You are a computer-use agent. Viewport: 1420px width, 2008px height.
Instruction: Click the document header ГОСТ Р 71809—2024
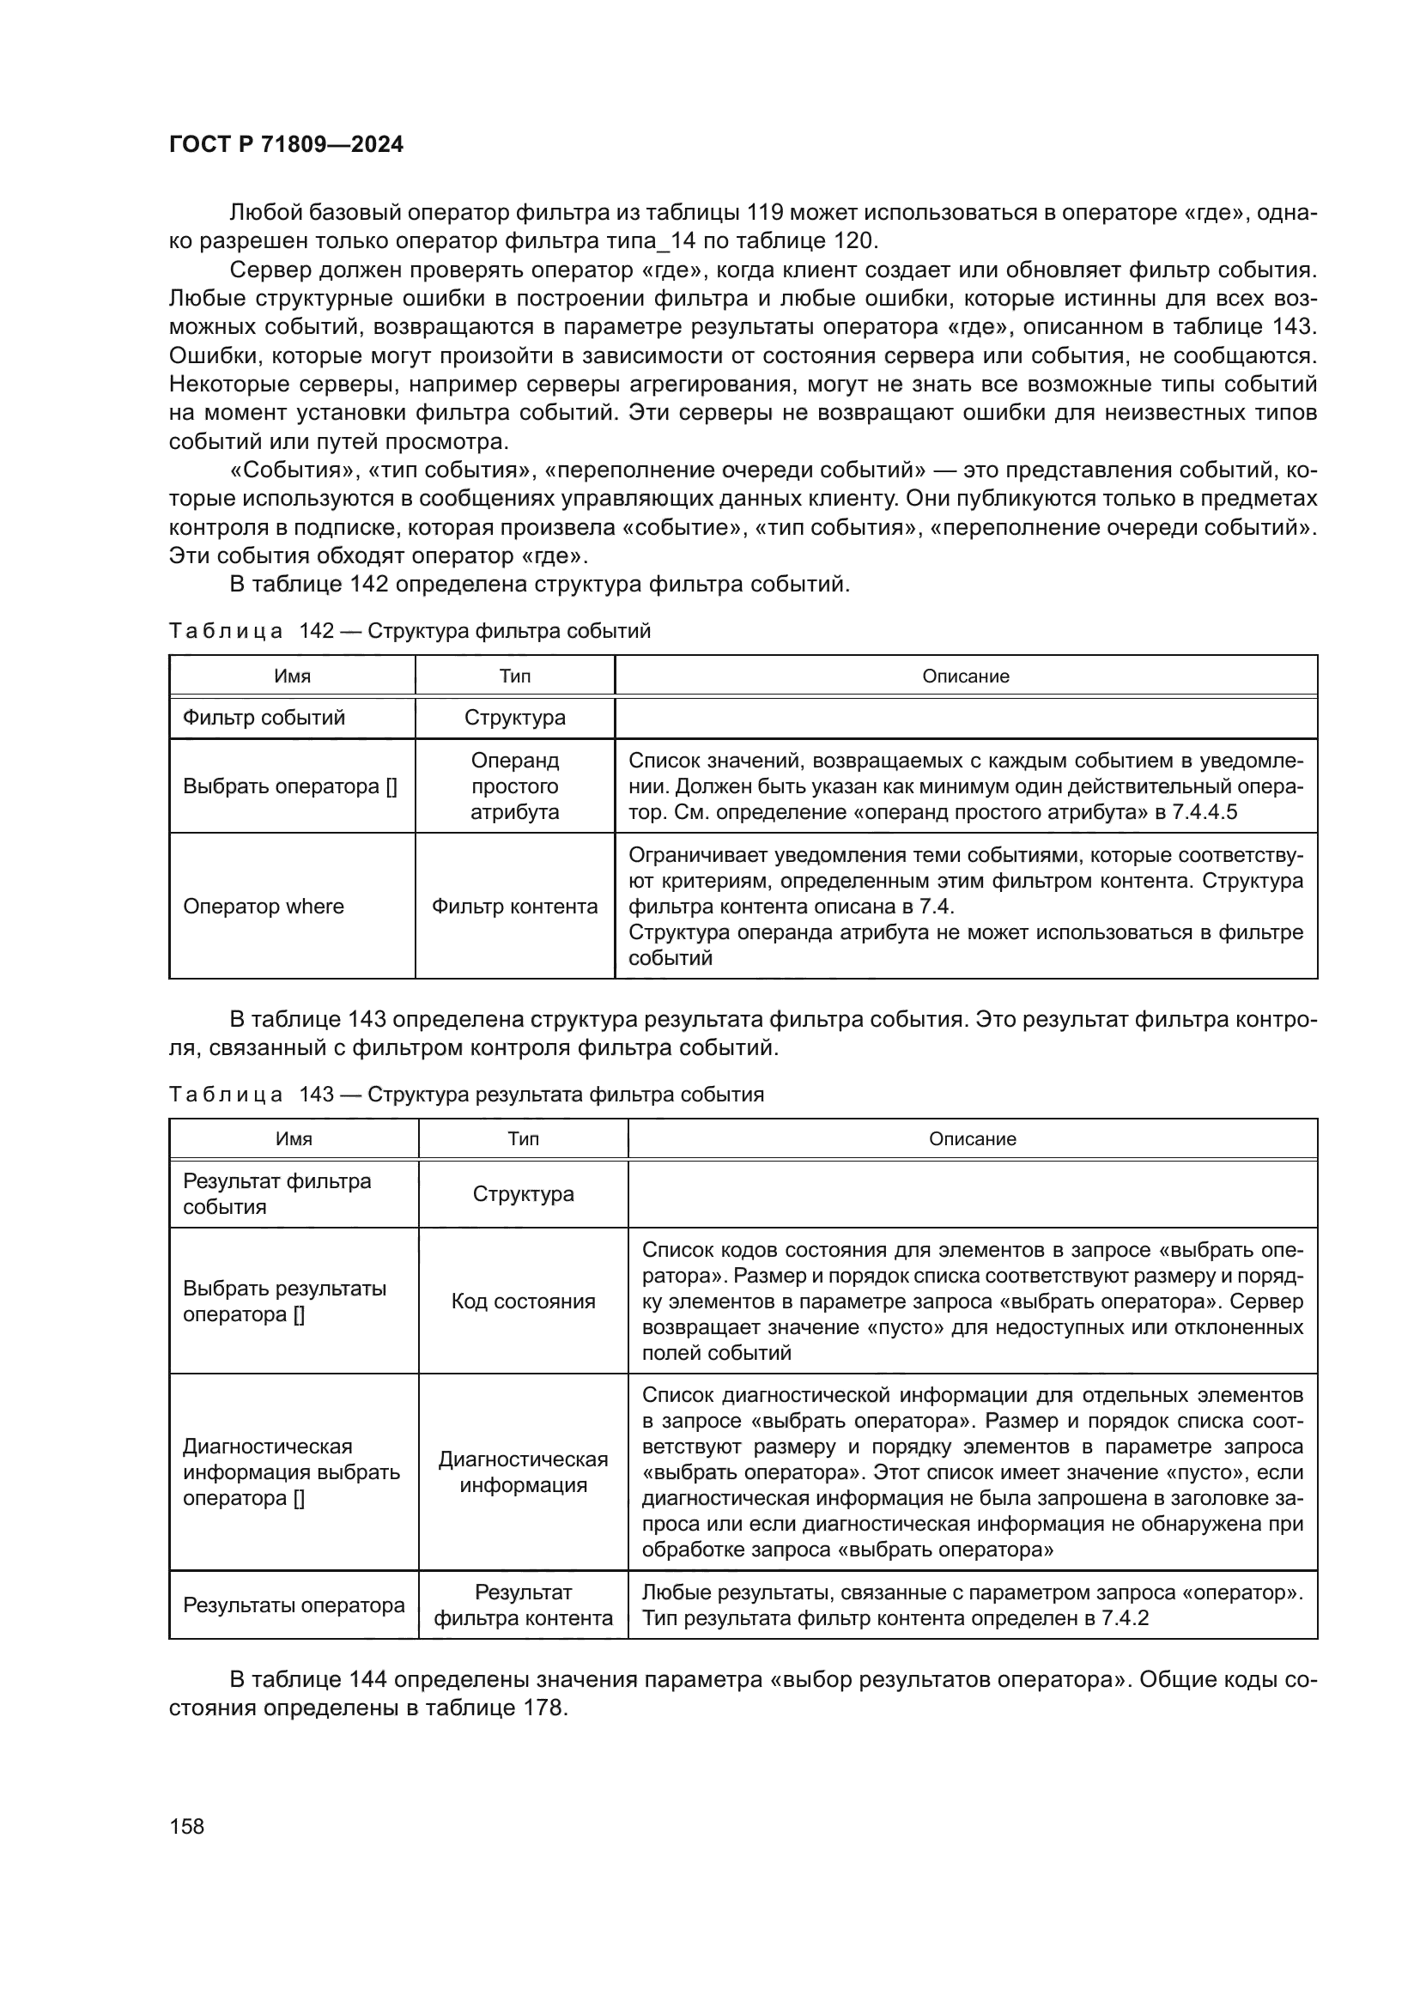[286, 144]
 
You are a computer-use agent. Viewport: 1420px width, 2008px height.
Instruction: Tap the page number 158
[186, 1825]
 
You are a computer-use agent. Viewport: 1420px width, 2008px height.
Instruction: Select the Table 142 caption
[410, 631]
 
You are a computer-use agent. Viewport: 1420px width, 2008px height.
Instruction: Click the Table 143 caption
[466, 1094]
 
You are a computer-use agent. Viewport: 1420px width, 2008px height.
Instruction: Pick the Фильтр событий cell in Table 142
[264, 717]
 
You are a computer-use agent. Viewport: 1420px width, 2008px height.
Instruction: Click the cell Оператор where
[264, 906]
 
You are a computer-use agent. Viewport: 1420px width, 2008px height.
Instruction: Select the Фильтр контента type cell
[514, 906]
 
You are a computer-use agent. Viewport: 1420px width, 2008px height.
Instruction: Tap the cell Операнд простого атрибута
[514, 786]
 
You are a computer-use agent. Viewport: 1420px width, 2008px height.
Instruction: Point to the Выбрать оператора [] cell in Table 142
[289, 786]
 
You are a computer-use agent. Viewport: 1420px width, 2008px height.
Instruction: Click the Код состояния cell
[523, 1301]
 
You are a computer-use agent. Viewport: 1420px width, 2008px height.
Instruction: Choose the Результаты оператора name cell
[294, 1605]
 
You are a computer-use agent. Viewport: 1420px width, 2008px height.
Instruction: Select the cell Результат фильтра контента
[523, 1605]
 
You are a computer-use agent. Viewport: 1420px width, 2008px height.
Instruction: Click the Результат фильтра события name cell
[276, 1194]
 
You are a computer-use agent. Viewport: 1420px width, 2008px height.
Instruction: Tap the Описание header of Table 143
[972, 1138]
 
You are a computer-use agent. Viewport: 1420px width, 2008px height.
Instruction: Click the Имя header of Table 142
[292, 676]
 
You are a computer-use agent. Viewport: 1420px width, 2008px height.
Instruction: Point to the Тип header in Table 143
[523, 1138]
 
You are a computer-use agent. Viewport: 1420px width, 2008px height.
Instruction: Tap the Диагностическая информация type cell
[523, 1472]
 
